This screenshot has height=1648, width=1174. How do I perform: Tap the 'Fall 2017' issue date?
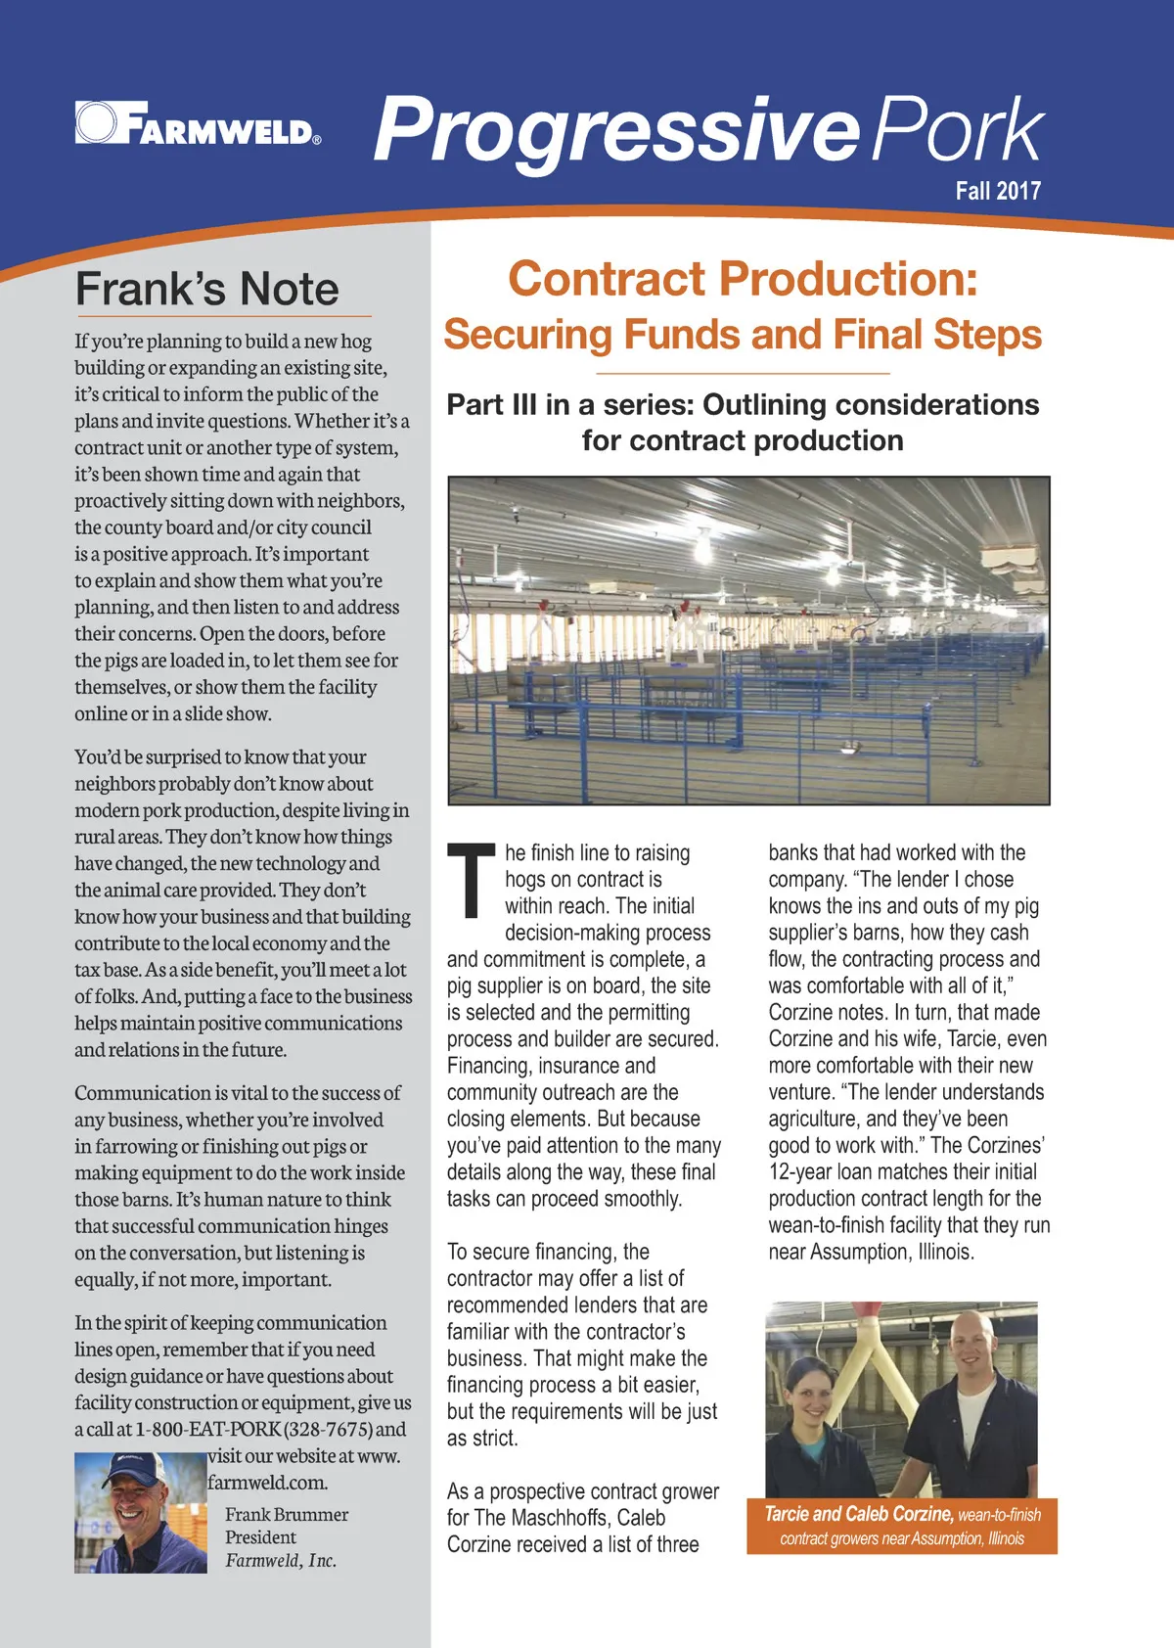[x=998, y=190]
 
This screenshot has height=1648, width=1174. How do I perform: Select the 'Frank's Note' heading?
[x=206, y=290]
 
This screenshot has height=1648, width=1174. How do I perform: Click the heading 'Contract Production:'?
[x=743, y=279]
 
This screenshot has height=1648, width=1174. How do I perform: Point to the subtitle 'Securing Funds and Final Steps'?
[x=743, y=335]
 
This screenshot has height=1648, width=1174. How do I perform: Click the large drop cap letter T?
[x=471, y=880]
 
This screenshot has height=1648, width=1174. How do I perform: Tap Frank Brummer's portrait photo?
[x=140, y=1512]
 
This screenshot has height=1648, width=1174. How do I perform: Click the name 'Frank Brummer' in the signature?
[x=287, y=1514]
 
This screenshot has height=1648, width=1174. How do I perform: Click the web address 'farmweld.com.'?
[x=267, y=1482]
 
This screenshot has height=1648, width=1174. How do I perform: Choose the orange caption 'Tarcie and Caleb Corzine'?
[x=858, y=1514]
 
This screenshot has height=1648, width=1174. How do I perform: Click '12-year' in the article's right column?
[x=799, y=1171]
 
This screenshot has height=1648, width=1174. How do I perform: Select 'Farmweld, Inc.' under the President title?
[x=281, y=1560]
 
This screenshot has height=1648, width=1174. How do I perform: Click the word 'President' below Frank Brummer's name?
[x=260, y=1536]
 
